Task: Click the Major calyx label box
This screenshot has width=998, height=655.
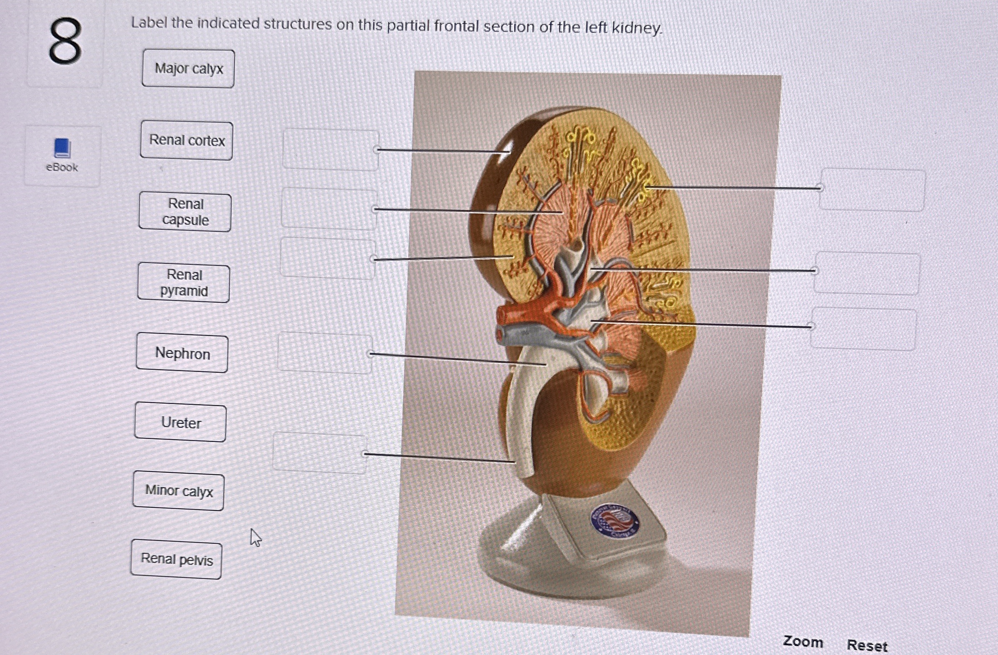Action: [188, 68]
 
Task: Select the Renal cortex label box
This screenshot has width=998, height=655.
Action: [187, 140]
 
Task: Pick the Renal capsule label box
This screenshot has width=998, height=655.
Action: [185, 212]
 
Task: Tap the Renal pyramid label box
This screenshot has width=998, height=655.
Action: [184, 283]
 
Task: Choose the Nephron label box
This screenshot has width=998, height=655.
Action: [182, 353]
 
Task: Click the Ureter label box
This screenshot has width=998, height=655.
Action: [181, 422]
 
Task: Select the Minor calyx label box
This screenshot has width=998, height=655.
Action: [179, 490]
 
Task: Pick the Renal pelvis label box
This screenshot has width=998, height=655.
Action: [177, 560]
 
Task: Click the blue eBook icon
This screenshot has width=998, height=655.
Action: [62, 148]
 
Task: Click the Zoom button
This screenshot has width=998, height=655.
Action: [803, 642]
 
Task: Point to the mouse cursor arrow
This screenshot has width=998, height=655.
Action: [255, 537]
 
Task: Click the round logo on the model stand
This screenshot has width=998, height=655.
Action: [615, 521]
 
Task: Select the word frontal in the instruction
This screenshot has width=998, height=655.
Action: [456, 26]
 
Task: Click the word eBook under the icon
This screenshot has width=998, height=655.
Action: [62, 167]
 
